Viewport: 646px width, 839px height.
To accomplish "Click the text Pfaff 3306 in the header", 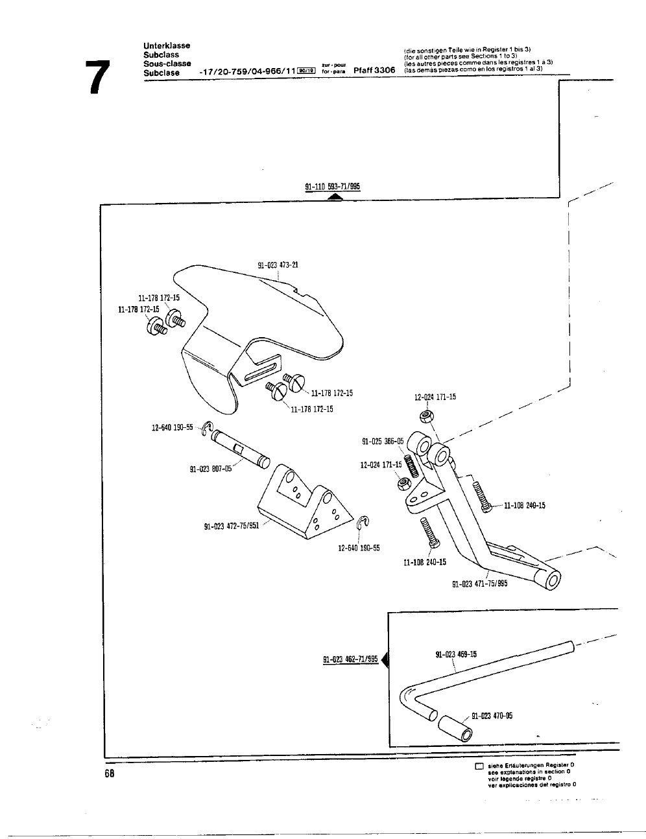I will point(374,70).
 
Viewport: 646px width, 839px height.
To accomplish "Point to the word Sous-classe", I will point(167,64).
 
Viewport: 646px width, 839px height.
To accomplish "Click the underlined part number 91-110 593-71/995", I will point(332,187).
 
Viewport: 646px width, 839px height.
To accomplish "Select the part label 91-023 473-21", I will point(278,265).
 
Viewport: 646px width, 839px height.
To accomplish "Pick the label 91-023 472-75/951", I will point(232,525).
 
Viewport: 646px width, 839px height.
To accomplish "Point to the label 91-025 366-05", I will point(383,441).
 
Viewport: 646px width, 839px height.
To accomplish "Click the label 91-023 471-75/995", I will point(479,583).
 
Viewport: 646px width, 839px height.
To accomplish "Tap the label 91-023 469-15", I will point(455,654).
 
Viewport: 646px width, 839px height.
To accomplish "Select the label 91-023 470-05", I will point(492,716).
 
